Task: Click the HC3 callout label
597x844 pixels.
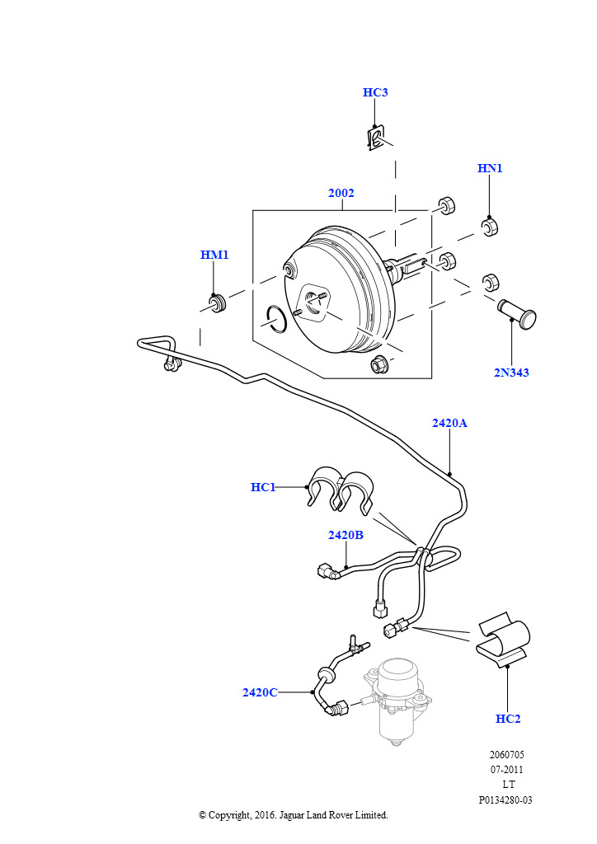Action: click(375, 92)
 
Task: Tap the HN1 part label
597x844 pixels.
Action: click(490, 168)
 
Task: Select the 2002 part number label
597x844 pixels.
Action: click(341, 193)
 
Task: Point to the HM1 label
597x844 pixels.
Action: click(214, 255)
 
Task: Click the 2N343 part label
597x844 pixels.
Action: click(511, 373)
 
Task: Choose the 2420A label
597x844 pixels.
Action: click(449, 423)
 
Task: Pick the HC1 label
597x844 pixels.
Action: click(263, 487)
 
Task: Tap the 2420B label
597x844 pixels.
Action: click(346, 535)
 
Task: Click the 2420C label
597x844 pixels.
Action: click(260, 692)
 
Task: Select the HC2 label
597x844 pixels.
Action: click(508, 719)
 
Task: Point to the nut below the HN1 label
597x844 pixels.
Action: click(489, 227)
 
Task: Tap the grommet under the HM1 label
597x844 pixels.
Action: click(218, 302)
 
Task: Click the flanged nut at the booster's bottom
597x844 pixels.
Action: click(380, 364)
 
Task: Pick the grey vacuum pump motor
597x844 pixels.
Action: click(397, 700)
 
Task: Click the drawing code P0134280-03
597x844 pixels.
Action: click(505, 800)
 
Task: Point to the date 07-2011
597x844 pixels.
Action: click(506, 771)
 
